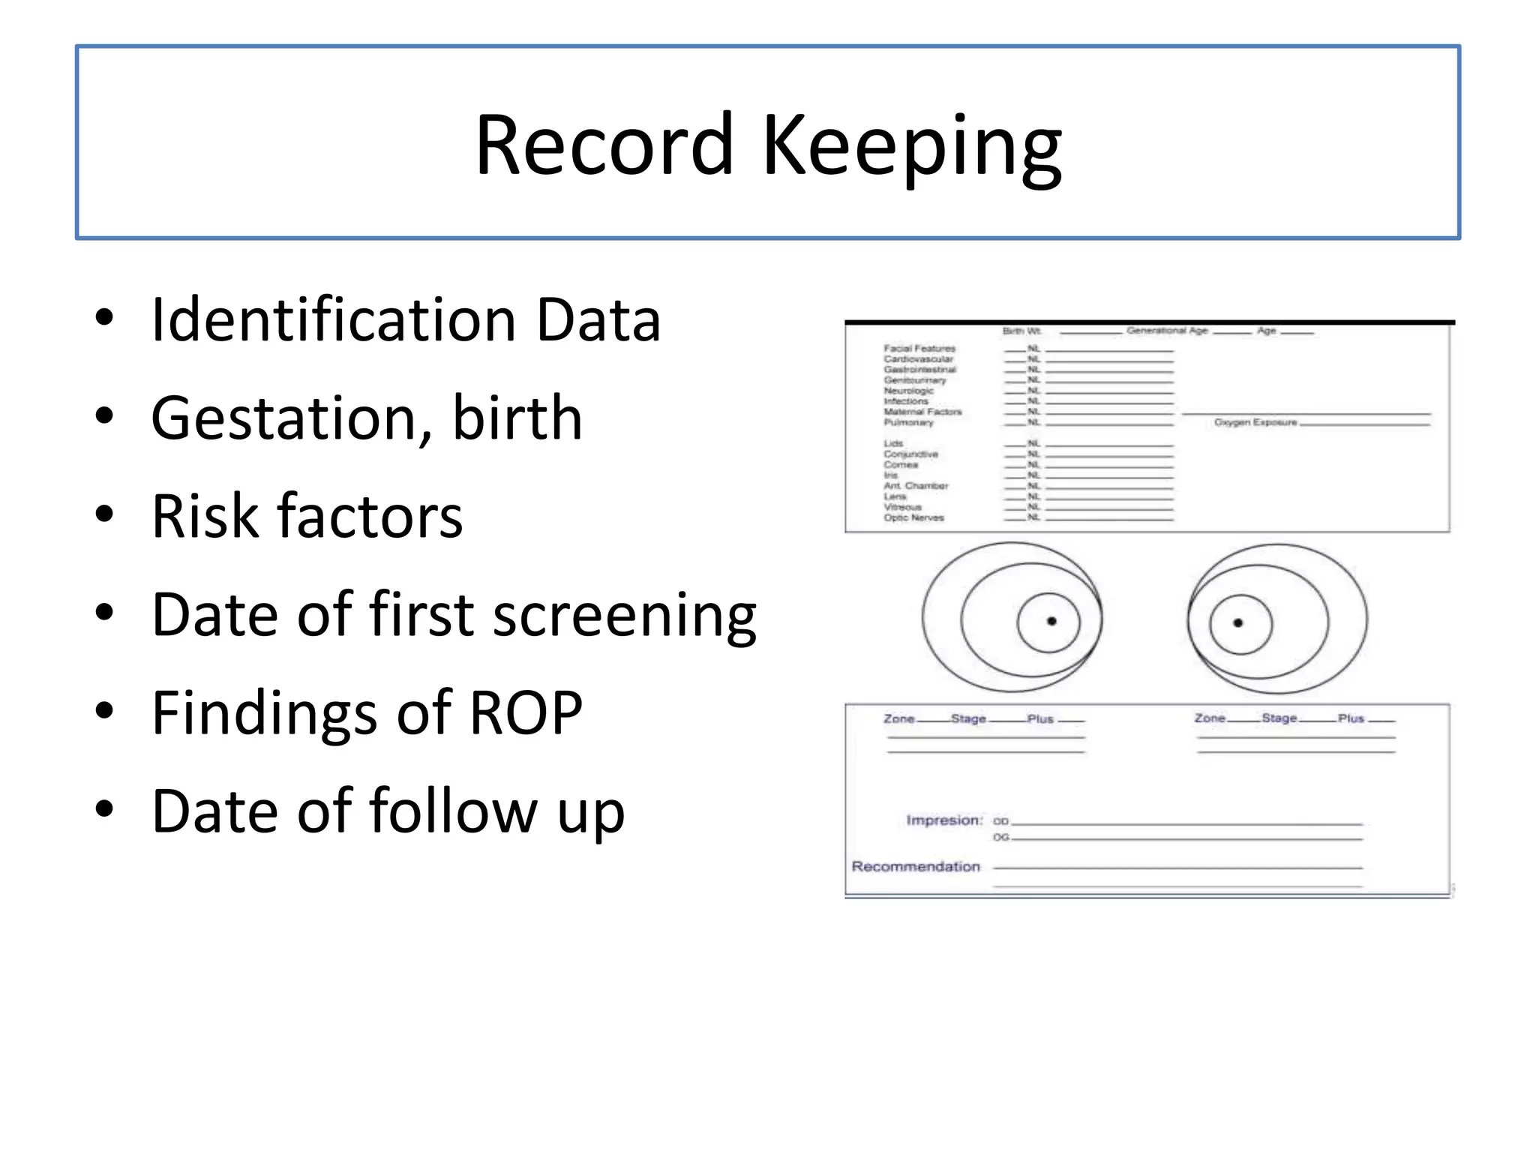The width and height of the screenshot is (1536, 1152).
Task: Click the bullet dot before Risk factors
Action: (104, 514)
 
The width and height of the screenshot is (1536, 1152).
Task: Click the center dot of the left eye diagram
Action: (1051, 621)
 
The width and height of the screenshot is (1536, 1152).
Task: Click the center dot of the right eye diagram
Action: (1238, 622)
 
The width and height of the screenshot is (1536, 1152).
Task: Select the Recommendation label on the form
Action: (916, 867)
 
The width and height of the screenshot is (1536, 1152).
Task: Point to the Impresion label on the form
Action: (943, 820)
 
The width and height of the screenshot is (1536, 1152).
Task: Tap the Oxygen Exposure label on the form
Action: (1255, 423)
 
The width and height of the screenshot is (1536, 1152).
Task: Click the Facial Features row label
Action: (919, 349)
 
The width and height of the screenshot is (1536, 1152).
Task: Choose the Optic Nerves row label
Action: (913, 517)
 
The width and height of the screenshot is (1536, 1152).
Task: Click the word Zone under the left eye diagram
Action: (898, 718)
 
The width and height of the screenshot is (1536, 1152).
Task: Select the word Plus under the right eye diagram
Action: (1351, 718)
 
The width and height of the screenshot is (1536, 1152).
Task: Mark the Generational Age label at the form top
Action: (1167, 331)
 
